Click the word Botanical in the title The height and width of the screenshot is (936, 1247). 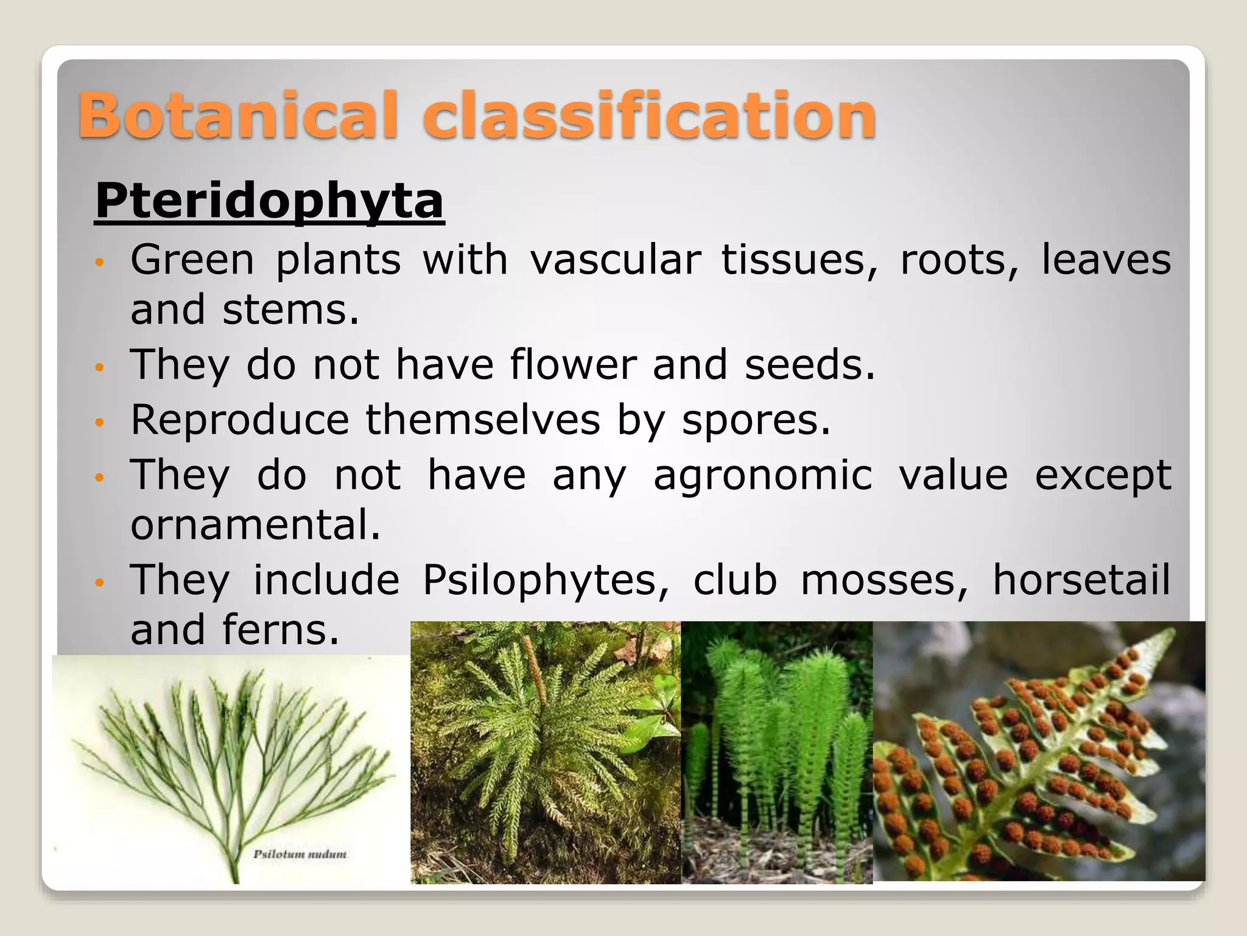coord(237,115)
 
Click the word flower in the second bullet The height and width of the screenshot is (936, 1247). coord(573,364)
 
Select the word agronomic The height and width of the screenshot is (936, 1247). coord(763,475)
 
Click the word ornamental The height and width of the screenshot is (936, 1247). coord(255,525)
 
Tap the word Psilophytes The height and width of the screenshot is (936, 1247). coord(546,580)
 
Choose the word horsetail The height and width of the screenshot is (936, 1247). coord(1081,580)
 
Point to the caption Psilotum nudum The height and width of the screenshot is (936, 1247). coord(300,854)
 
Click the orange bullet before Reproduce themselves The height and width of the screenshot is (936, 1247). coord(100,422)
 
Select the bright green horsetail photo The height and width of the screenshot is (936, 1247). coord(776,753)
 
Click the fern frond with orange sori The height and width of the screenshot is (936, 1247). coord(1038,753)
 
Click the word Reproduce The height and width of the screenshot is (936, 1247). coord(240,420)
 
